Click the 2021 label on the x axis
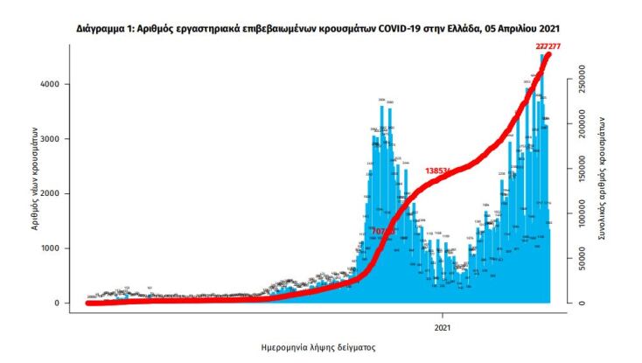tap(443, 327)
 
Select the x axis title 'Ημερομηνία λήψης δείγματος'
tap(318, 347)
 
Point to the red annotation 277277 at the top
tap(548, 45)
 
